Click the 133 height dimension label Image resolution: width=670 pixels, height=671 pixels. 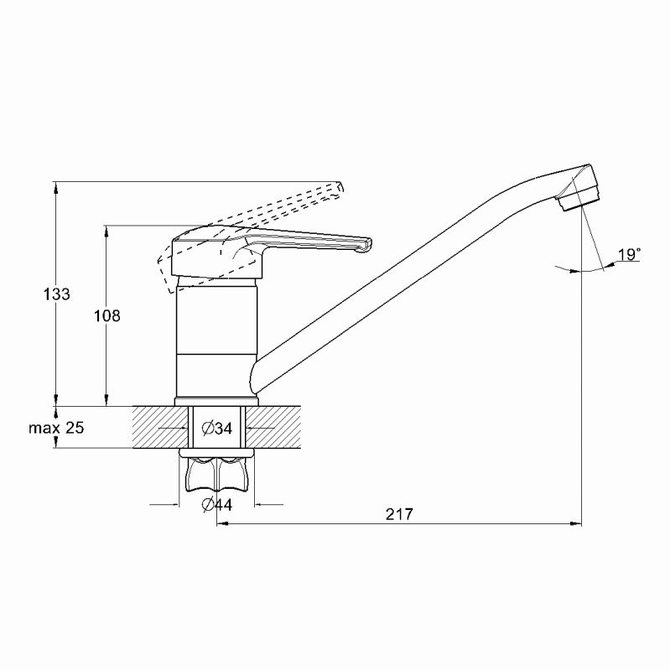(x=56, y=294)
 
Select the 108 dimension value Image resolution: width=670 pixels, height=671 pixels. (x=107, y=316)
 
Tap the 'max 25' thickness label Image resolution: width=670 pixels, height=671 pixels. (x=56, y=428)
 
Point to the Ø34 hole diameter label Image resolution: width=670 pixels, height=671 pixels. (x=217, y=428)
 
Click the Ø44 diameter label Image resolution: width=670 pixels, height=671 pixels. (x=217, y=505)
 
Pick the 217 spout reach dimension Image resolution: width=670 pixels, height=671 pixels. (x=400, y=514)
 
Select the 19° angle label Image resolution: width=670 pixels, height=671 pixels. (x=629, y=255)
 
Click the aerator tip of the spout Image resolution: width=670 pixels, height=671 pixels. (x=578, y=202)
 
